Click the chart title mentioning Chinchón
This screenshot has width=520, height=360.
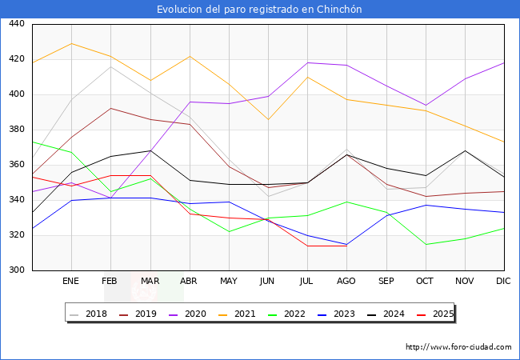259,10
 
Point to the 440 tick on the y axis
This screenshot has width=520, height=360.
16,24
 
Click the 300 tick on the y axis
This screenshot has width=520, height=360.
16,270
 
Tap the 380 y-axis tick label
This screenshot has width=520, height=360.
16,130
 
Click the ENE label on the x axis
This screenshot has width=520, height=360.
71,282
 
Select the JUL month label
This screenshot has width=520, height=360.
307,282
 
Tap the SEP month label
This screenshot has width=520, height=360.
386,282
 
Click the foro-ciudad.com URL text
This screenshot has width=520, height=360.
458,347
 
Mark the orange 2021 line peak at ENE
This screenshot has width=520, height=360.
71,43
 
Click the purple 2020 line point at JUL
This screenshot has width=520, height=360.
307,62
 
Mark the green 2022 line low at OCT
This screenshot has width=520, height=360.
426,244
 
